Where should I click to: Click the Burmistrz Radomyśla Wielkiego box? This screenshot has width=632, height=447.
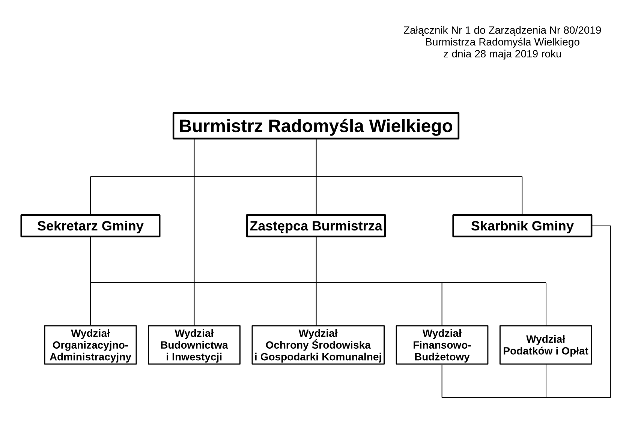[316, 126]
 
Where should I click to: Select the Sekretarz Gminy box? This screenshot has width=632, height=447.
[90, 226]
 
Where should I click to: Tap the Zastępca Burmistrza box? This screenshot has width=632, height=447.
[316, 226]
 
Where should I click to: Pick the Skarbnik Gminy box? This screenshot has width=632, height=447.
[522, 226]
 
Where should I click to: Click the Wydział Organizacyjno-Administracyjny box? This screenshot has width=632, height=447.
[90, 345]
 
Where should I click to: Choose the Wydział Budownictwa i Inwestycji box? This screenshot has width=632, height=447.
[194, 345]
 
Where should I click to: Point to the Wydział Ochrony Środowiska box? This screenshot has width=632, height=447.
[318, 345]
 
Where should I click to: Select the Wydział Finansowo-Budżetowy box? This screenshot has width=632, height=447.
[442, 345]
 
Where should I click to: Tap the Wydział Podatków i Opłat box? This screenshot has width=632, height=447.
[546, 345]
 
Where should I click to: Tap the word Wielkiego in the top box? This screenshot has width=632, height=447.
[411, 126]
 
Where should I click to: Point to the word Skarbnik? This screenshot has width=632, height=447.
[499, 226]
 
